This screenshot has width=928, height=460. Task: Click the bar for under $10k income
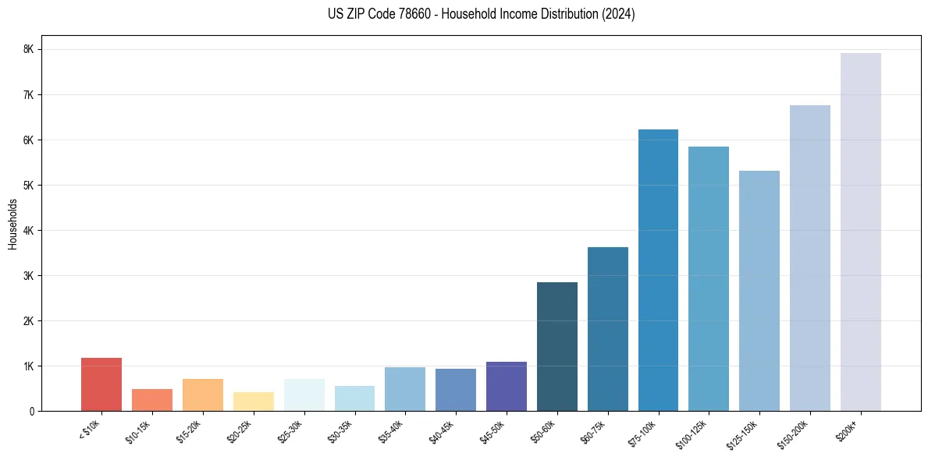pyautogui.click(x=101, y=384)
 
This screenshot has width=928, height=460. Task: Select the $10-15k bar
pyautogui.click(x=152, y=400)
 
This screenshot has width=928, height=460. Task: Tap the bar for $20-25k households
pyautogui.click(x=254, y=402)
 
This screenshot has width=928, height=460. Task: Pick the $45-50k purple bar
pyautogui.click(x=507, y=387)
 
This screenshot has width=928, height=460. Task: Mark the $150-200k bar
pyautogui.click(x=810, y=258)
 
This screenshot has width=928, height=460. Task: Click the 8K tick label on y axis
pyautogui.click(x=28, y=49)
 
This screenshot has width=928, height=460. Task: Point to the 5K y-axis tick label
pyautogui.click(x=28, y=186)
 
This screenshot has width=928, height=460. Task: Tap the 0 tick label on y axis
pyautogui.click(x=30, y=412)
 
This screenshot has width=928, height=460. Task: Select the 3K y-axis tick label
pyautogui.click(x=28, y=276)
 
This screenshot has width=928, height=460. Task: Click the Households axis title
pyautogui.click(x=12, y=224)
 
